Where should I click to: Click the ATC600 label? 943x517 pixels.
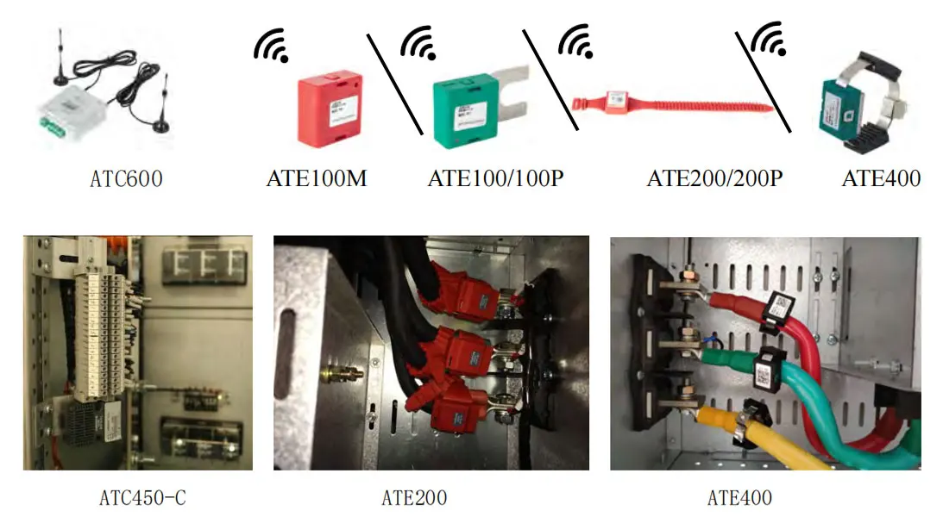click(126, 179)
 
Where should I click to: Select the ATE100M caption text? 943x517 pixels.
click(317, 178)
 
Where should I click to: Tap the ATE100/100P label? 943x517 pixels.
click(495, 178)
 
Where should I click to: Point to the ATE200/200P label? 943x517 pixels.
click(714, 178)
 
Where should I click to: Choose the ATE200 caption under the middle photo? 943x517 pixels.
click(414, 497)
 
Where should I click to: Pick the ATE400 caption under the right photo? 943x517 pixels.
click(739, 497)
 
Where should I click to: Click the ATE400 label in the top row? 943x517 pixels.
click(881, 178)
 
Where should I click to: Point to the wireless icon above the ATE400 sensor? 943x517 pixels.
click(767, 39)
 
